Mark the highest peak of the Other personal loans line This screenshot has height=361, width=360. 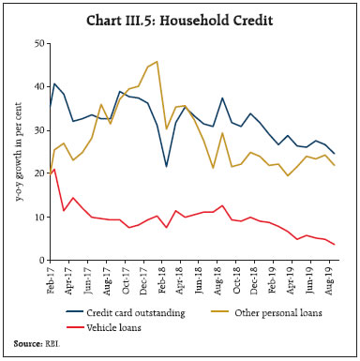point(157,62)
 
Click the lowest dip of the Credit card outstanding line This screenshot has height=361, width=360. point(167,166)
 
